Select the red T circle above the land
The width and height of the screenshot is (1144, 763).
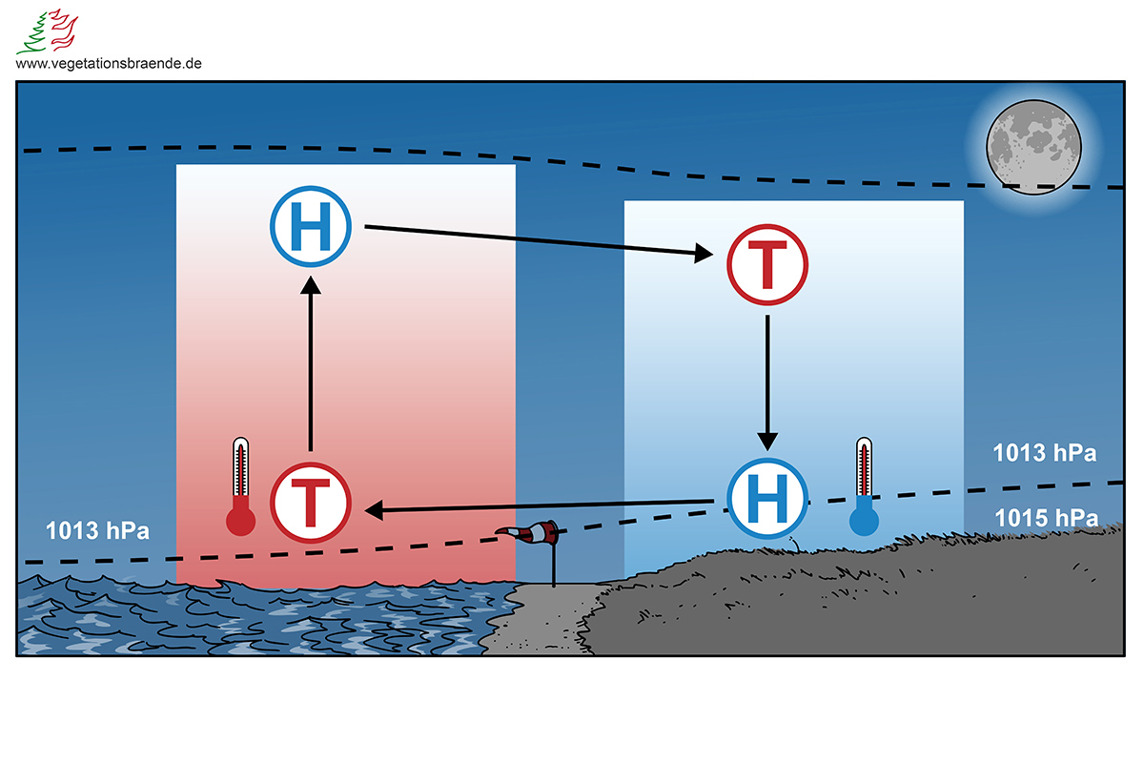click(x=767, y=264)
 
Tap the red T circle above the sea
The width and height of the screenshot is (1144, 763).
click(x=312, y=502)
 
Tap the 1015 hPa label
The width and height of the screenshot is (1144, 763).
click(x=1045, y=518)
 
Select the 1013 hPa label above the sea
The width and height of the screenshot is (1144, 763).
click(x=98, y=530)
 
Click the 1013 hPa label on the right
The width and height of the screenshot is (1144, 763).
click(x=1044, y=452)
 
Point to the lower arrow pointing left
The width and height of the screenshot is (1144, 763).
click(x=539, y=505)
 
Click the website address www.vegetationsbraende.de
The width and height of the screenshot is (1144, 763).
click(x=109, y=63)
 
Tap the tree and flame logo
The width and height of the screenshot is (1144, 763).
click(x=49, y=31)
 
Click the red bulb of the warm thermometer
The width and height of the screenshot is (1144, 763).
click(x=240, y=521)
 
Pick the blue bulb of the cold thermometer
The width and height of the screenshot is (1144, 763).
click(x=864, y=521)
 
